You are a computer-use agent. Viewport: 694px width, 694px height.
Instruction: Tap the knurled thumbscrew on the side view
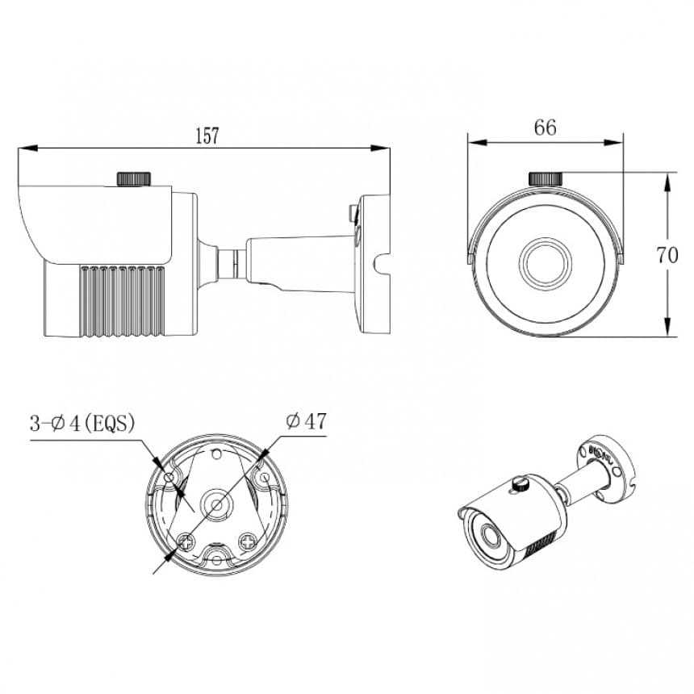point(135,178)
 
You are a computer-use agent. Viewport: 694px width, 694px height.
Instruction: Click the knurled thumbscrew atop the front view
point(546,178)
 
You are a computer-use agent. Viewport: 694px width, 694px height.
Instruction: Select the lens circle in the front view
point(546,262)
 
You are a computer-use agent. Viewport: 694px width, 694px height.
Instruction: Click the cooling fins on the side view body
point(121,299)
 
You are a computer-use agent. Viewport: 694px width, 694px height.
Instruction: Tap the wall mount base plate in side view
point(373,262)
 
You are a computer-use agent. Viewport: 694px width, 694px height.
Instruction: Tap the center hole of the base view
point(216,506)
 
